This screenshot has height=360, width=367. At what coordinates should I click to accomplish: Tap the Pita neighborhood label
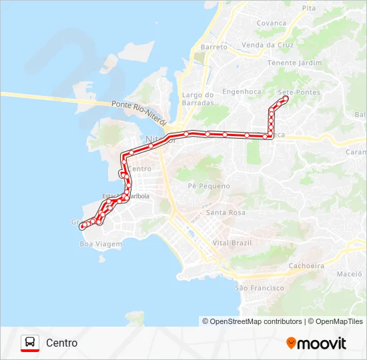tap(309, 8)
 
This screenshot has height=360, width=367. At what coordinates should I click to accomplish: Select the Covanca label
tap(272, 23)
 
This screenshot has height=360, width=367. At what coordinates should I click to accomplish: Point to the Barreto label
tap(214, 47)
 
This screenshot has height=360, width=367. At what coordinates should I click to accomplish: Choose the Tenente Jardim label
tap(294, 63)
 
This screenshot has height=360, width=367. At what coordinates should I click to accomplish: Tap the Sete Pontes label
tap(298, 92)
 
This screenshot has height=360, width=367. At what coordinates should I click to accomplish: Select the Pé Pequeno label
tap(209, 186)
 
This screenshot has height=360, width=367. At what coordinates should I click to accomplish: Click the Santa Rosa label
tap(226, 213)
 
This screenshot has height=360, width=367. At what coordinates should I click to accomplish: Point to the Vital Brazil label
tap(232, 243)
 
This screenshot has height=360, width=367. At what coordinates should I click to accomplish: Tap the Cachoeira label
tap(306, 265)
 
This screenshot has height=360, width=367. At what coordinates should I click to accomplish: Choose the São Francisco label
tap(260, 288)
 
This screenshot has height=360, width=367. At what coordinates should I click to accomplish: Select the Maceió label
tap(348, 273)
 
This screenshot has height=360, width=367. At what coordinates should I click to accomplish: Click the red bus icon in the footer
tap(29, 343)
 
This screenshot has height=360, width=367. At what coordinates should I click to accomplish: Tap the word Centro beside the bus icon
tap(61, 343)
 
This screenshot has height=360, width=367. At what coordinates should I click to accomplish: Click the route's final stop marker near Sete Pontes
tap(286, 99)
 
